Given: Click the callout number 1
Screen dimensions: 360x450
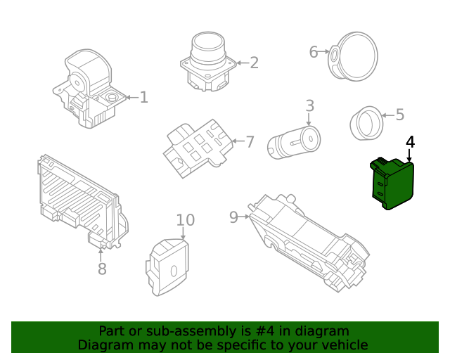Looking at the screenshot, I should click(x=143, y=98).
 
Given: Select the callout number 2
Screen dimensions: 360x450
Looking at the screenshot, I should click(x=254, y=63).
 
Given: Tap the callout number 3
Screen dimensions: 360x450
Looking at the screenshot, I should click(x=309, y=106).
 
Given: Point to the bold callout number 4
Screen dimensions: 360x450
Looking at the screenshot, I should click(x=410, y=142).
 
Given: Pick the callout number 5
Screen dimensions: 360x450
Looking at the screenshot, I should click(x=399, y=115).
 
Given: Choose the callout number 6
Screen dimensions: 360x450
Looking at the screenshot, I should click(x=314, y=51).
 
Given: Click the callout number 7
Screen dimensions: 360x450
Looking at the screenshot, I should click(x=249, y=142).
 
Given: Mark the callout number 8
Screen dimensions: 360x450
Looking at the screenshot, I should click(x=102, y=269).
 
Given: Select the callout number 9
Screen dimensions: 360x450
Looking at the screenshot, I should click(x=234, y=217).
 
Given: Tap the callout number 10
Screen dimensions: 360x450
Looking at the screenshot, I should click(x=185, y=220).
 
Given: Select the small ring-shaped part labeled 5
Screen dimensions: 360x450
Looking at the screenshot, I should click(x=366, y=123).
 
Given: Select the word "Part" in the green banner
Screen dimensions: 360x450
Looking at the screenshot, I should click(x=112, y=331).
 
